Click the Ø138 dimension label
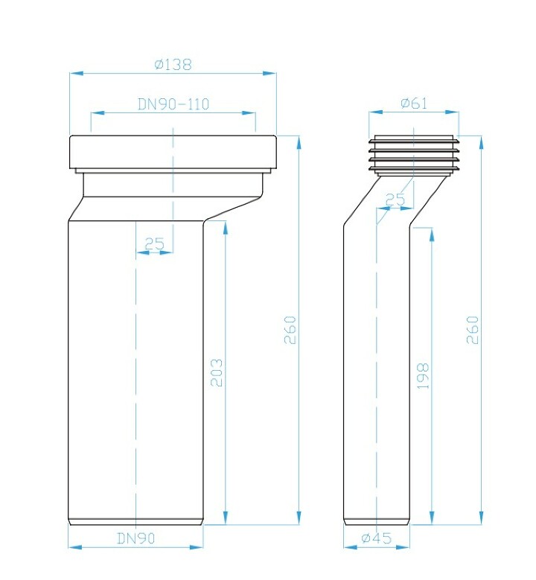click(173, 65)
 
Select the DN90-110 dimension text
click(173, 104)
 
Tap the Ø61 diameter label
click(414, 103)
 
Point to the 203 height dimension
click(217, 372)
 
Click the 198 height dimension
click(423, 376)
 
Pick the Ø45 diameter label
click(376, 538)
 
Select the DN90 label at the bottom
click(135, 538)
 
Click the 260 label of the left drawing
click(290, 330)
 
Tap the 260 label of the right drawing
click(473, 330)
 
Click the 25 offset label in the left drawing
click(154, 243)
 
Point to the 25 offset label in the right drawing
click(395, 200)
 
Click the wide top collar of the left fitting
click(173, 152)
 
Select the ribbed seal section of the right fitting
click(414, 156)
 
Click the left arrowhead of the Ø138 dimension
click(76, 73)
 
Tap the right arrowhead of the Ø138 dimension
click(269, 73)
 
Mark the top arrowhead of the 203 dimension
click(226, 228)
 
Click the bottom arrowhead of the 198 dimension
click(432, 517)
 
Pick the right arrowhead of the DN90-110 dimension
click(249, 113)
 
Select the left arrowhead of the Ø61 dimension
click(375, 112)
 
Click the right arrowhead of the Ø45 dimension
click(403, 546)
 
